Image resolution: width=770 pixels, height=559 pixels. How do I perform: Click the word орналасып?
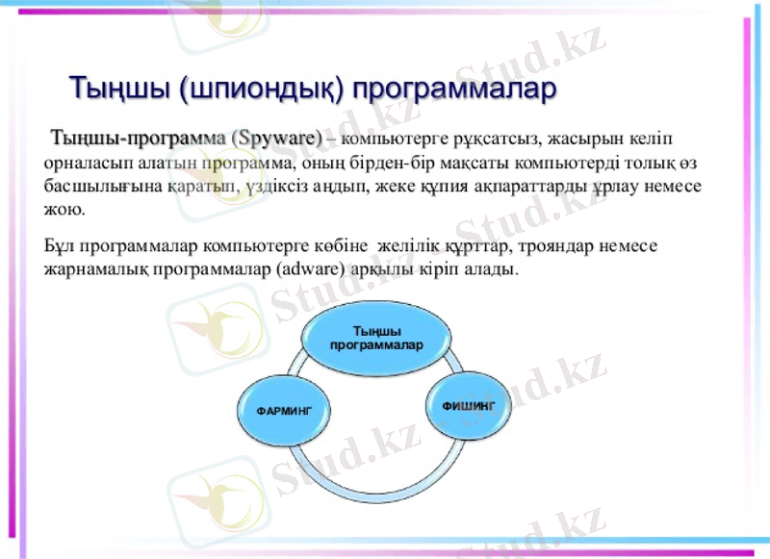tap(88, 164)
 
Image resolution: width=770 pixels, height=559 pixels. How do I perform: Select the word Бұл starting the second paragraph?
tap(60, 246)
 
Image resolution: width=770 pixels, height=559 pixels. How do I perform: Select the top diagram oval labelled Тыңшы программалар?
tap(376, 338)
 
